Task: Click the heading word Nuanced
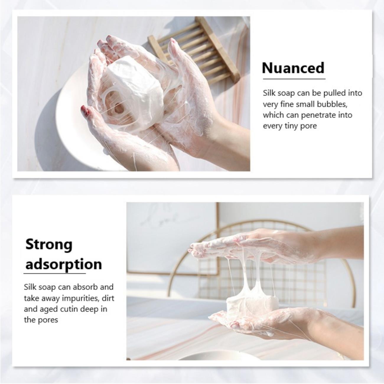(293, 68)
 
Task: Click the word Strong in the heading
(49, 244)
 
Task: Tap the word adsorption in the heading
(64, 265)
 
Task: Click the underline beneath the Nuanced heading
(294, 79)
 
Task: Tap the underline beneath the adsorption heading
(55, 274)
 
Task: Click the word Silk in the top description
(269, 93)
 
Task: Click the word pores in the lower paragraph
(49, 320)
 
